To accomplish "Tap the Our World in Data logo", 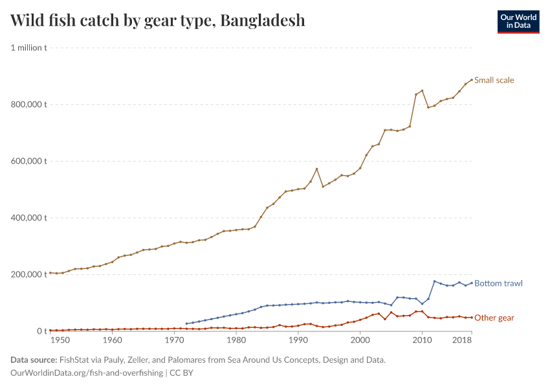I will (x=518, y=21).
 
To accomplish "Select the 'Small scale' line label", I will (x=494, y=80).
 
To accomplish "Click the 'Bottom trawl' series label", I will (x=498, y=283).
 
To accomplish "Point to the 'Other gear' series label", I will (x=494, y=318).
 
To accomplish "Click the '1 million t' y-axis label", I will (x=28, y=48).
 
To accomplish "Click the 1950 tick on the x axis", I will (x=59, y=339).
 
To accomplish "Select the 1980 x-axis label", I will (x=236, y=339).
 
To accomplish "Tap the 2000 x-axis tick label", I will (x=360, y=339).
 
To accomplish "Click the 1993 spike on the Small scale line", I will (x=316, y=169).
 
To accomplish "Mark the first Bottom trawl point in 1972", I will (x=186, y=323).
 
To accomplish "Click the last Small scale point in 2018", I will (x=471, y=80).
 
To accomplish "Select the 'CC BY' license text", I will (x=182, y=373).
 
